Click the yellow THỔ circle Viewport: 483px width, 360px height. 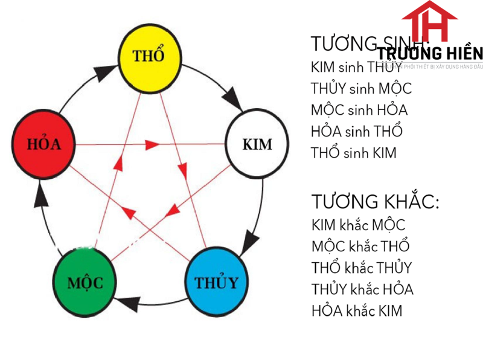pos(149,55)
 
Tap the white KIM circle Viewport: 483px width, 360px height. pos(256,144)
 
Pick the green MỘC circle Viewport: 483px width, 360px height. pos(85,281)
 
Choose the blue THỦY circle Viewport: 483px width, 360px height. pos(216,281)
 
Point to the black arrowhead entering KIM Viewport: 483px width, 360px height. pos(234,100)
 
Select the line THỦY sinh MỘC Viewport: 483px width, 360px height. pos(361,88)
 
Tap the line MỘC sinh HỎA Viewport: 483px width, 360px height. pos(359,110)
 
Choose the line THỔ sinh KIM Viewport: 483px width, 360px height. pos(354,152)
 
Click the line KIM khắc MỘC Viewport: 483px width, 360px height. pos(359,225)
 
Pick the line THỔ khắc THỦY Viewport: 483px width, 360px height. pos(362,268)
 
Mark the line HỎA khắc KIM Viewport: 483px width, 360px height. pos(357,311)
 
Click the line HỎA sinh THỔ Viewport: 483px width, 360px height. pos(356,131)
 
